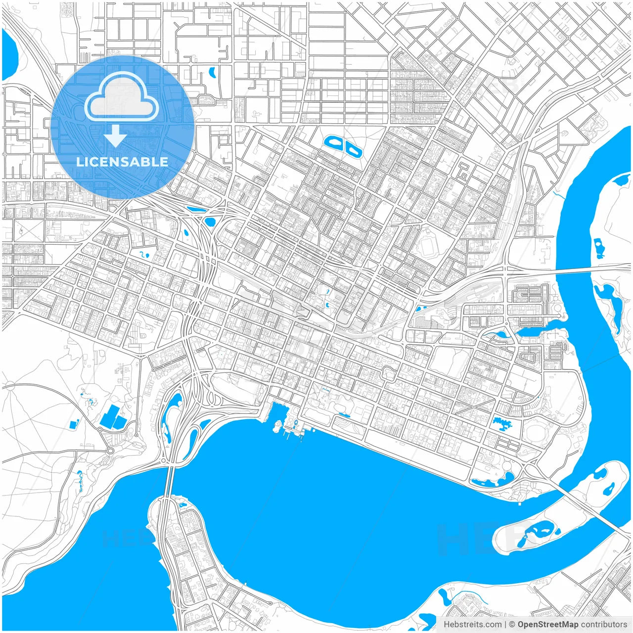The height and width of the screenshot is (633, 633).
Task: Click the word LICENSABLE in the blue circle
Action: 122,162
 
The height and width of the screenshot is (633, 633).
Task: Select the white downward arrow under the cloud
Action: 116,136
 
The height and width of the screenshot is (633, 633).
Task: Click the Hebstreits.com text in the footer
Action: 472,625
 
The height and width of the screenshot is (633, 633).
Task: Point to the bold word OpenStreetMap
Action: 548,625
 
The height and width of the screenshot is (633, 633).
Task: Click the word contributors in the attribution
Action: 604,625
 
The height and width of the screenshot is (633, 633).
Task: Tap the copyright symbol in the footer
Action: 512,625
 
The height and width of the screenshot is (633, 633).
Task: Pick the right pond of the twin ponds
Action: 353,148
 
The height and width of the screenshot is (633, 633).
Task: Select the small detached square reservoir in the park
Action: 75,424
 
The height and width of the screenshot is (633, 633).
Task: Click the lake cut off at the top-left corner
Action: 9,54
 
